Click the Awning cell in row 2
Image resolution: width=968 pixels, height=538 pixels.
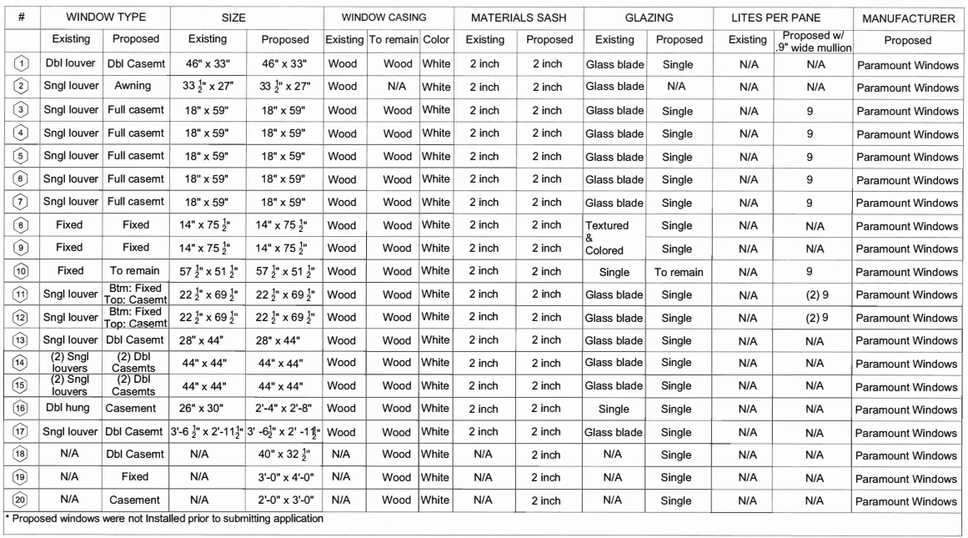[133, 87]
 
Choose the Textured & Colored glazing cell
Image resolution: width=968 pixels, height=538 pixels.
[615, 237]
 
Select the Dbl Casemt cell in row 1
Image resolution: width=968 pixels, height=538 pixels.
[133, 63]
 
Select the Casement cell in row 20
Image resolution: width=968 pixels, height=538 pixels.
[133, 501]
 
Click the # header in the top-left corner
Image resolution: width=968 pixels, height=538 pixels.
[20, 18]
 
